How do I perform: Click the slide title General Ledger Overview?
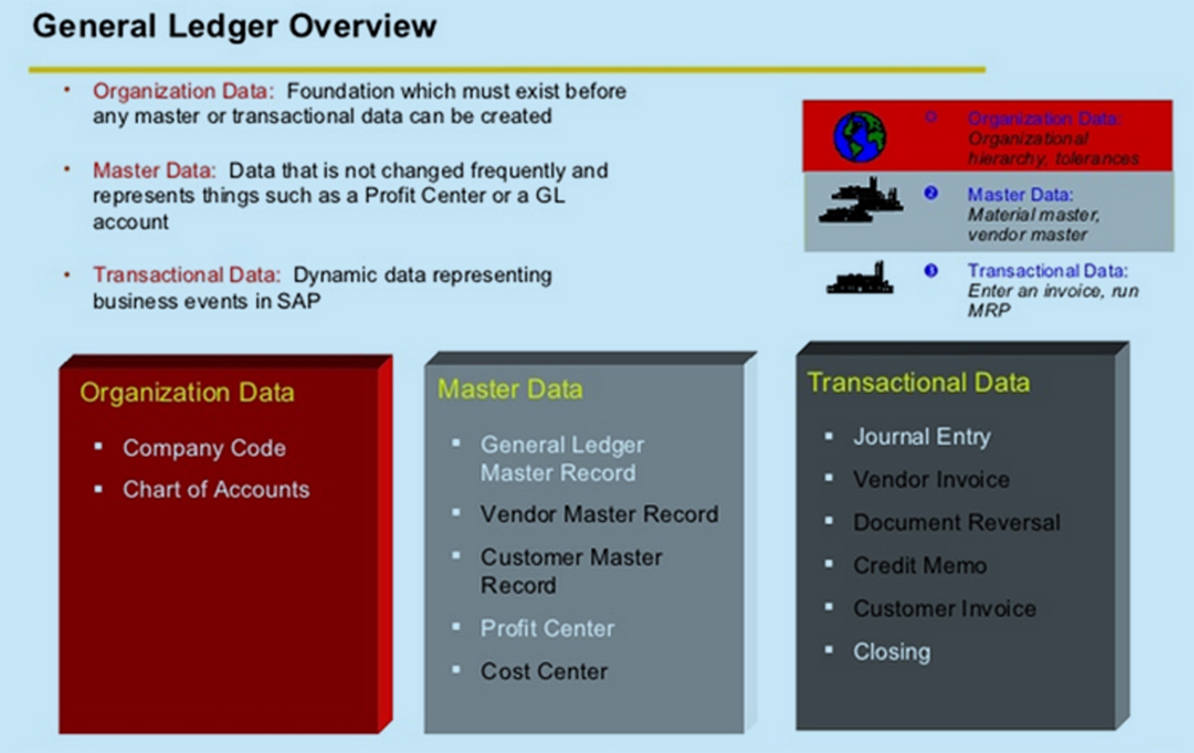(x=234, y=27)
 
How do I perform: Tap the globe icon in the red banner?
(x=859, y=137)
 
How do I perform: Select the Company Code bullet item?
(x=204, y=448)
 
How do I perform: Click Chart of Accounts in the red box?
(x=216, y=490)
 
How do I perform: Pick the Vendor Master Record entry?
(x=599, y=514)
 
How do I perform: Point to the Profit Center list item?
(x=547, y=628)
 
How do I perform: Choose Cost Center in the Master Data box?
(x=544, y=671)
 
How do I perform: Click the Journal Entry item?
(x=922, y=436)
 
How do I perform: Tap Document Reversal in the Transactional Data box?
(x=956, y=523)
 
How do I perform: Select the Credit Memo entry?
(x=919, y=565)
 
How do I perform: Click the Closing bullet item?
(x=891, y=652)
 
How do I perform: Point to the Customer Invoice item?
(x=944, y=609)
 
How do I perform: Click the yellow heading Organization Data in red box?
(x=187, y=392)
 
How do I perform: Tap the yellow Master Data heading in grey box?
(x=510, y=389)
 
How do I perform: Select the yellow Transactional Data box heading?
(x=918, y=382)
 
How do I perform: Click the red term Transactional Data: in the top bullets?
(x=187, y=275)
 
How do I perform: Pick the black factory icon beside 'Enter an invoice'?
(x=860, y=279)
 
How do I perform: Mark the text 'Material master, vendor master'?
(x=1033, y=225)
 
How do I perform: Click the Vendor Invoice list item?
(x=931, y=480)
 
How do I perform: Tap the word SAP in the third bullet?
(x=299, y=301)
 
